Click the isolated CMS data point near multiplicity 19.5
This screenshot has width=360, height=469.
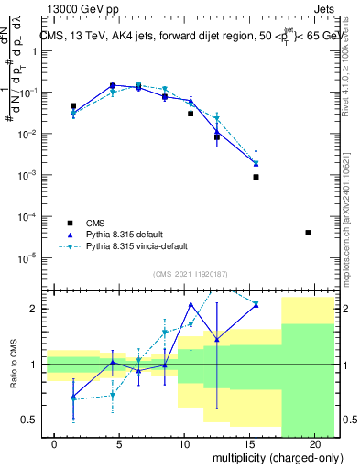[308, 233]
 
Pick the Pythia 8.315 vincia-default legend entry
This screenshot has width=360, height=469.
[130, 246]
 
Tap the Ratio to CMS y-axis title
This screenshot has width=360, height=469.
[13, 364]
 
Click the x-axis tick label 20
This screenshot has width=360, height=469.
[314, 443]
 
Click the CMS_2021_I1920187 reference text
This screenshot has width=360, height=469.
[190, 273]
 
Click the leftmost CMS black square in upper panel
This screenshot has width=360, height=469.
[73, 106]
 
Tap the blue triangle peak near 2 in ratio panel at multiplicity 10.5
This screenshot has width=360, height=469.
[191, 304]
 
